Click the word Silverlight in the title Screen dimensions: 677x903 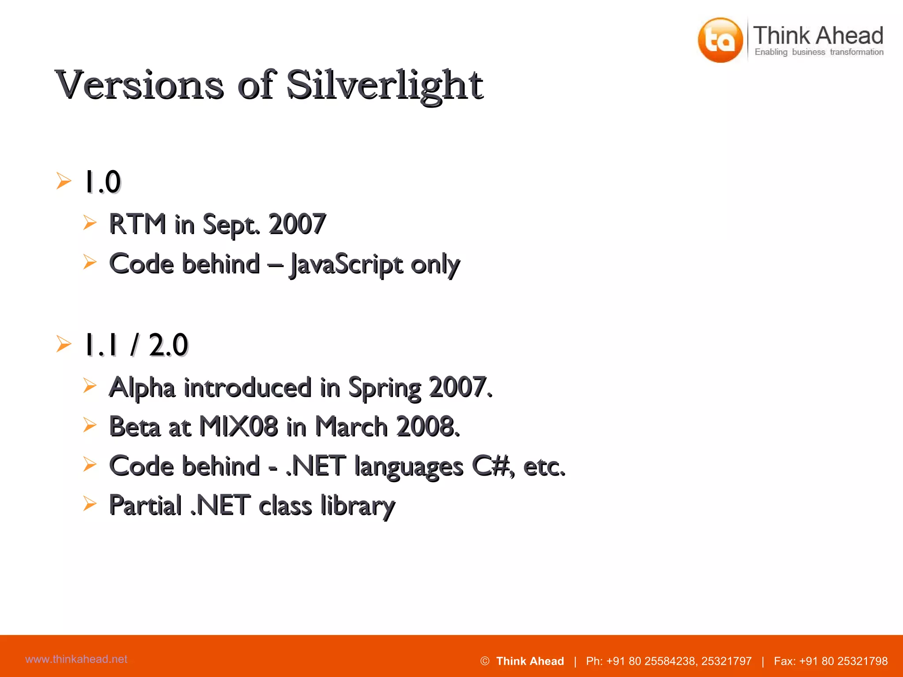point(384,85)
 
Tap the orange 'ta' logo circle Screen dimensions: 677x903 point(720,40)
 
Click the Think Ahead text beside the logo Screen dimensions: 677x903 point(818,35)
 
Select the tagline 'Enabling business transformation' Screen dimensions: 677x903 point(819,52)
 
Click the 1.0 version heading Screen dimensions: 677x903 point(102,182)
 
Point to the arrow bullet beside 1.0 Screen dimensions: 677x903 point(64,181)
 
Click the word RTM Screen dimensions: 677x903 point(137,224)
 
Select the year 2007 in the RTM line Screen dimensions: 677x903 point(297,224)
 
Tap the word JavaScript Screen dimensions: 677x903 point(346,264)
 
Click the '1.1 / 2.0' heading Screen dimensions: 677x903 point(136,345)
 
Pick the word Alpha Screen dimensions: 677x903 point(142,387)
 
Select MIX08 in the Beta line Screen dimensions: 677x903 point(239,427)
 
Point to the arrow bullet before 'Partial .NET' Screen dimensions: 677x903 point(90,503)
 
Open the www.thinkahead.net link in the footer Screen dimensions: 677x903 point(76,659)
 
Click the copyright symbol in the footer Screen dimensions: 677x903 point(485,661)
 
